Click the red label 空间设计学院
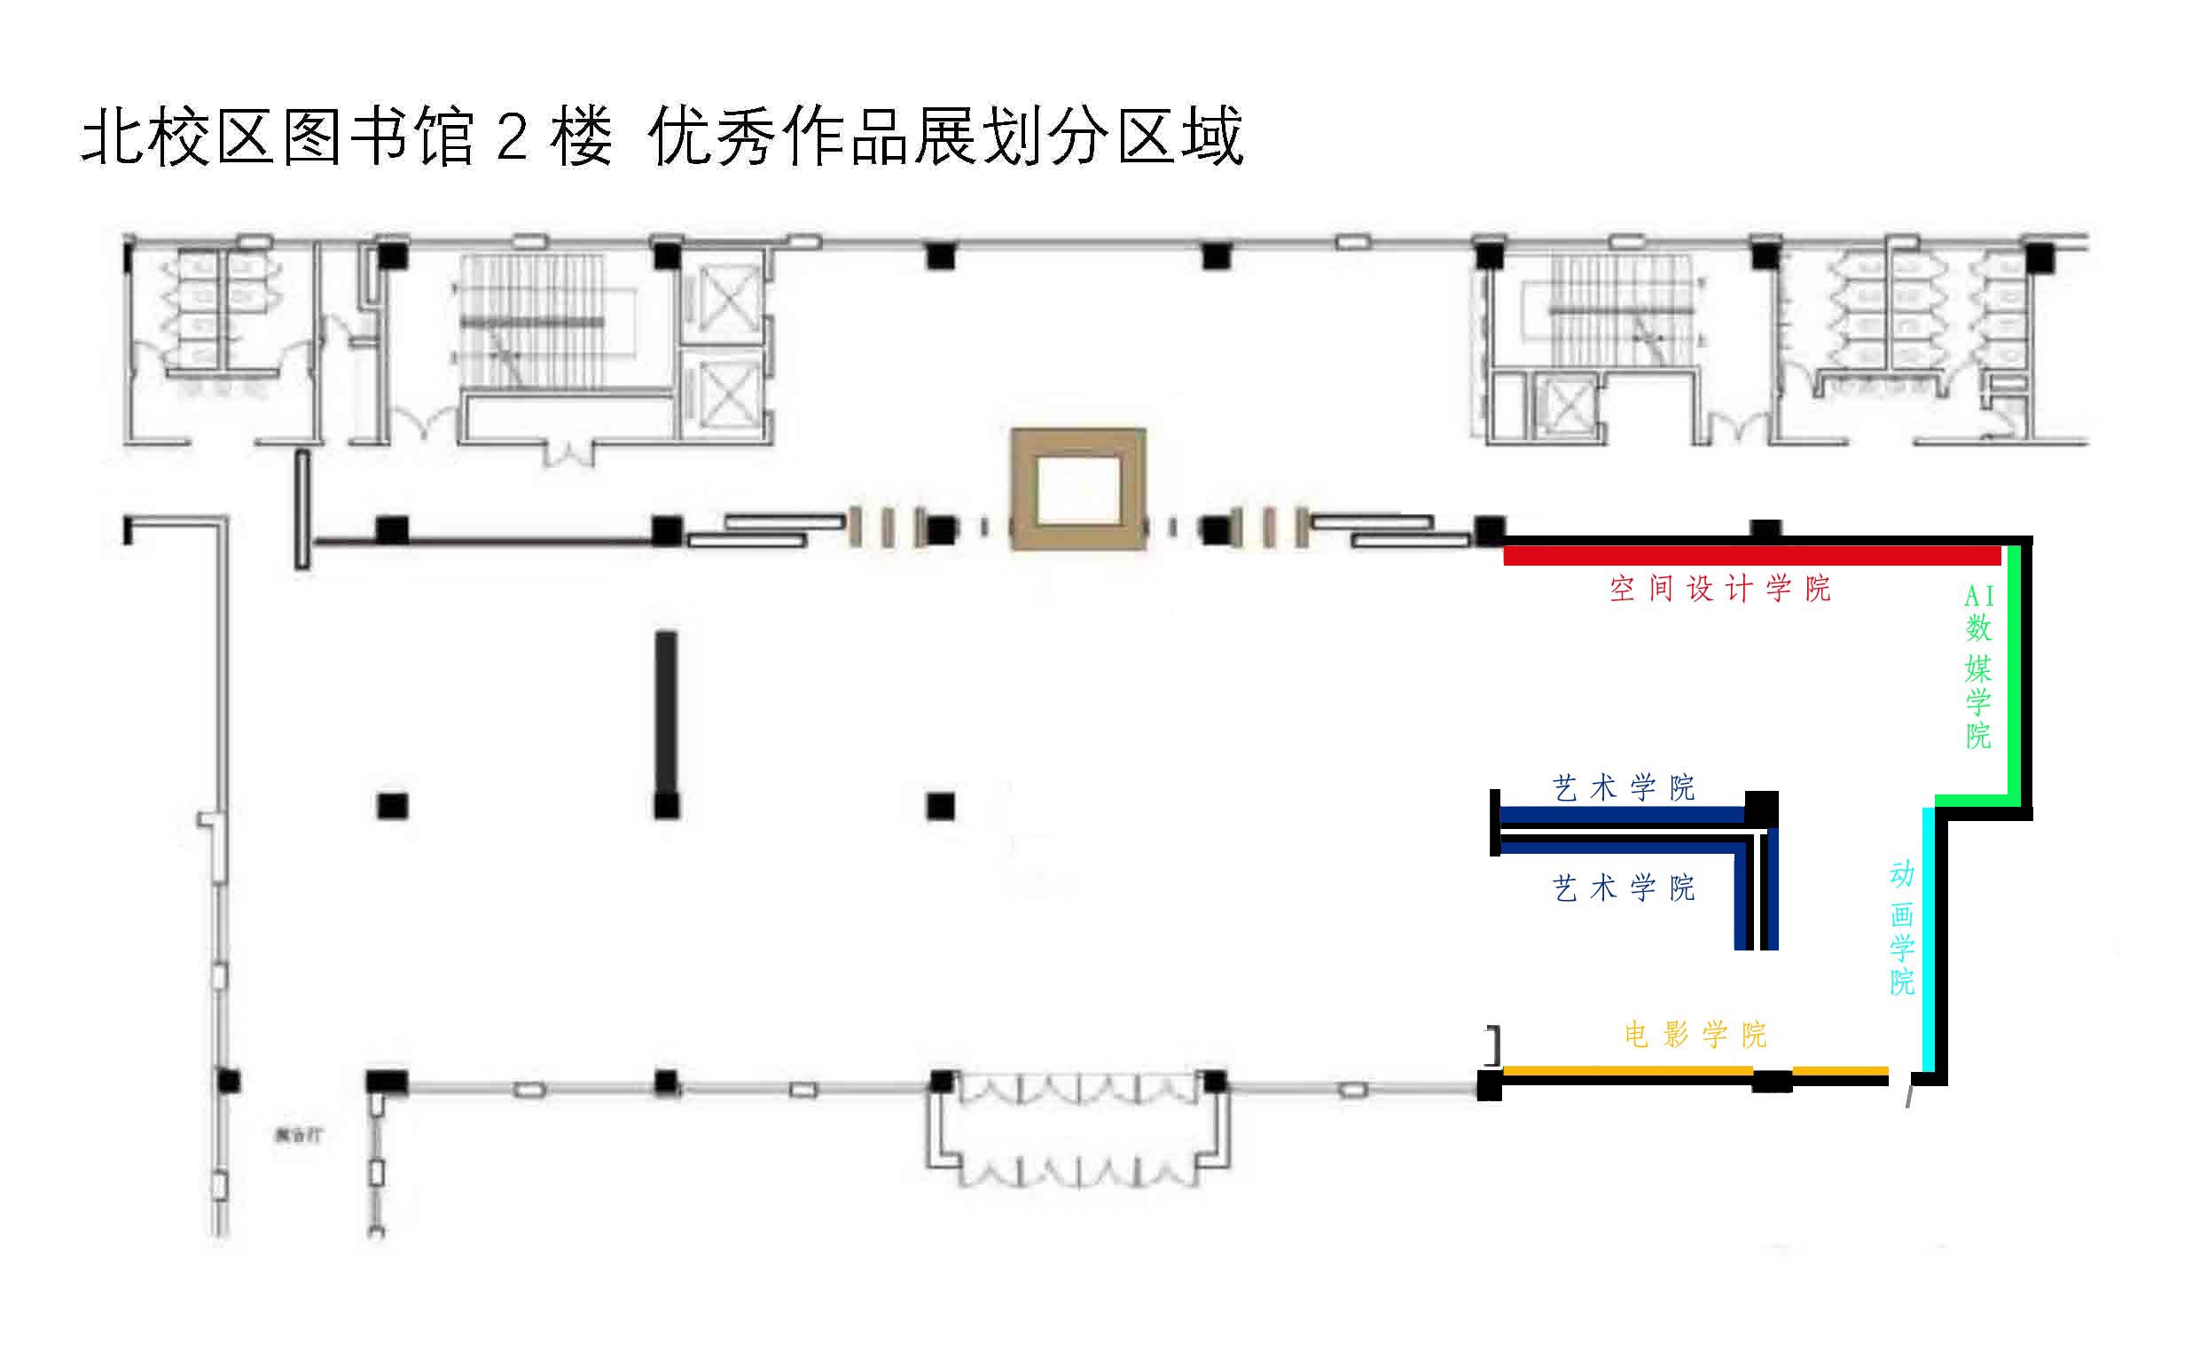tap(1719, 589)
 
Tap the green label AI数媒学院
tap(1977, 666)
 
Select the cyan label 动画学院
tap(1901, 928)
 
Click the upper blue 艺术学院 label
tap(1624, 788)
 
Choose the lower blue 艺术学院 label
tap(1624, 888)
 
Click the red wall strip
tap(1750, 556)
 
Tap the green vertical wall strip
tap(2015, 670)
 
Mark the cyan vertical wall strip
tap(1928, 941)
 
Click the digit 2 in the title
tap(512, 137)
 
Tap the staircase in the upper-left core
tap(531, 324)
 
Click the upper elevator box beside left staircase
tap(723, 297)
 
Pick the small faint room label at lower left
tap(298, 1135)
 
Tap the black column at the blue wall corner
tap(1762, 809)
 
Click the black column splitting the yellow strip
tap(1772, 1080)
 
